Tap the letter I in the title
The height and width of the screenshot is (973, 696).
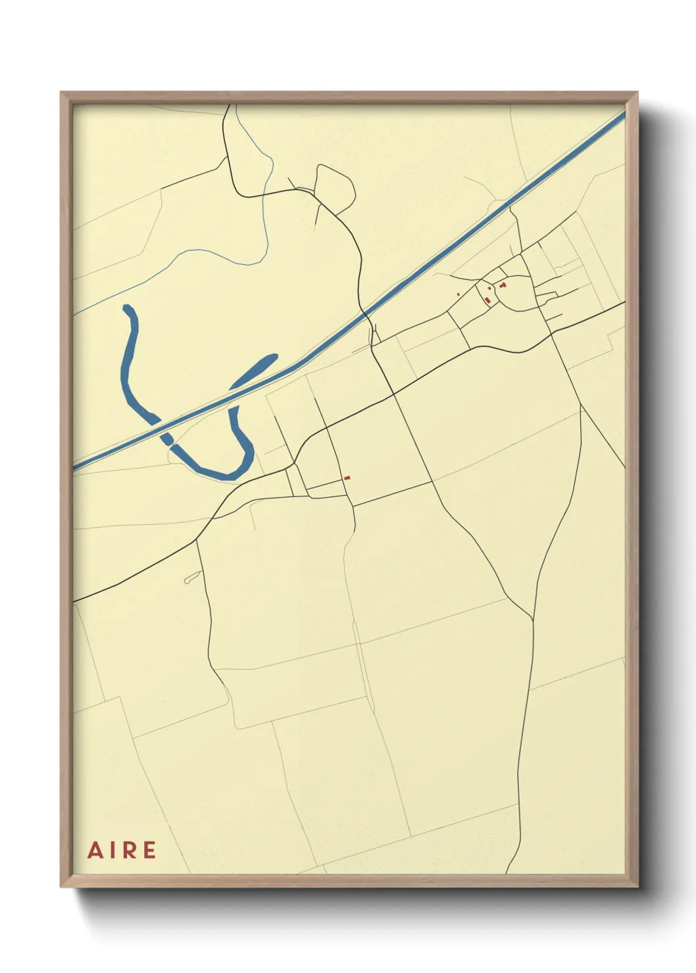point(112,850)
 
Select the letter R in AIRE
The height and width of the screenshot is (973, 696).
point(128,850)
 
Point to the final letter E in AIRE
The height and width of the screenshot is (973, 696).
point(149,850)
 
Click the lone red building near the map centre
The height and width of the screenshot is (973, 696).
point(347,478)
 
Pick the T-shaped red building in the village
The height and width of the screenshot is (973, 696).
point(503,285)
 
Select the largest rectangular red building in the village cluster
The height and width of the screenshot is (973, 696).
point(487,300)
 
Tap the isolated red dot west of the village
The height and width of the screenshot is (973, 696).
point(458,294)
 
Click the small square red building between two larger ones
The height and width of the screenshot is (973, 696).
point(490,288)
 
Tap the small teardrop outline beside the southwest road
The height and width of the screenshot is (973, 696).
point(191,579)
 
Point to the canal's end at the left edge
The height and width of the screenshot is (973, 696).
point(75,466)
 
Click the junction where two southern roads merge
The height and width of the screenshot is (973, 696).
point(532,618)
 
